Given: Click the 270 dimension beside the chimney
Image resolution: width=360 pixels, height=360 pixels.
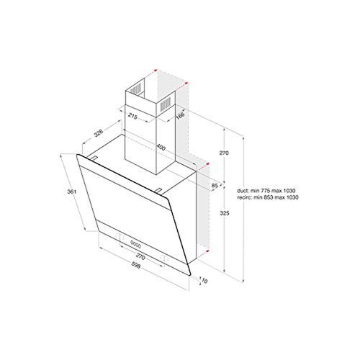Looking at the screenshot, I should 223,153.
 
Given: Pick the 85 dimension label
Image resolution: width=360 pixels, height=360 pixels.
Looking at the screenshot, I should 215,187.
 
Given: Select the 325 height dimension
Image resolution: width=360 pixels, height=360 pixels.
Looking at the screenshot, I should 224,215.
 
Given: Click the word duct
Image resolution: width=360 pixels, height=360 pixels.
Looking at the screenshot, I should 242,189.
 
